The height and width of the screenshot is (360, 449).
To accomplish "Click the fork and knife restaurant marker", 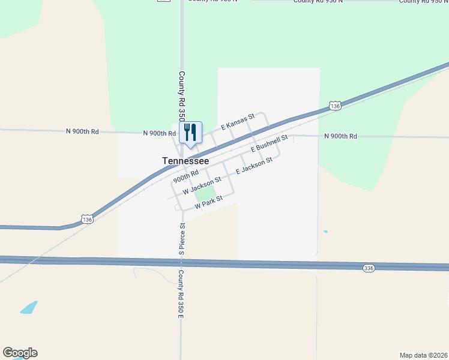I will click(x=190, y=133).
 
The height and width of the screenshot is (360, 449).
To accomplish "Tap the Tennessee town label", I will click(x=185, y=161).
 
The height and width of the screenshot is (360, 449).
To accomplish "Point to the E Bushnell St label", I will click(x=270, y=143).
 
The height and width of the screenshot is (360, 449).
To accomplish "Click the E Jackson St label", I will click(x=255, y=166).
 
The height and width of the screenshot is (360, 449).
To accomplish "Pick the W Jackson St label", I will click(x=202, y=184).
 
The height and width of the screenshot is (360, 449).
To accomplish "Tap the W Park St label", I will click(x=208, y=202).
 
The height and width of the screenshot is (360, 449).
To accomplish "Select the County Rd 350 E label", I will click(x=180, y=293).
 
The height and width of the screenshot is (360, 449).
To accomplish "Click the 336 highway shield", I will click(x=369, y=268).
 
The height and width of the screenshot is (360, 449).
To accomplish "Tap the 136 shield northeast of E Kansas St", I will click(x=335, y=106).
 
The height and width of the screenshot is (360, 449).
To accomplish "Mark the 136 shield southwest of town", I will click(x=88, y=220).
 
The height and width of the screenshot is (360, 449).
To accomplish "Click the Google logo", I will click(x=20, y=353).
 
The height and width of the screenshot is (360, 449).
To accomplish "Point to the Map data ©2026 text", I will click(x=423, y=355).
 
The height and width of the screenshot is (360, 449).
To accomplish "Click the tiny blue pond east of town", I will click(x=325, y=232).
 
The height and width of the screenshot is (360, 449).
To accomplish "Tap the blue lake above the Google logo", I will click(x=28, y=308).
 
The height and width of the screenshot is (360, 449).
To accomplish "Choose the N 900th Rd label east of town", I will click(x=340, y=137).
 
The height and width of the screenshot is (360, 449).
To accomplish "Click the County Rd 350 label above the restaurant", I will click(x=182, y=96).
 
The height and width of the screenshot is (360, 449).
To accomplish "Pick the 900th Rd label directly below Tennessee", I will click(x=186, y=176).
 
